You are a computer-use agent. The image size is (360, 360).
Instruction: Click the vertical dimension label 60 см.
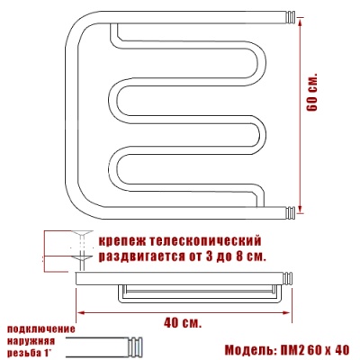(312, 92)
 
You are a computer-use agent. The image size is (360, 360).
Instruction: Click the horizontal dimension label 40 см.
(183, 323)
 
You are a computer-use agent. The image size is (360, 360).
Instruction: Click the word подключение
(41, 329)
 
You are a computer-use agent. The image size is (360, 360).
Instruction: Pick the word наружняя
(31, 341)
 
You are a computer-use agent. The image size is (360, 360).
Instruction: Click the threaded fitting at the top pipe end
(290, 17)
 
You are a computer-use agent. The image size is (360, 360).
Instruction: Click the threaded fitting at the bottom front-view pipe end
(290, 213)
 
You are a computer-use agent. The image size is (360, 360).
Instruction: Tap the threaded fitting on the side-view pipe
(288, 278)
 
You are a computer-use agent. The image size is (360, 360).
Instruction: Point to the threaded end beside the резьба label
(135, 346)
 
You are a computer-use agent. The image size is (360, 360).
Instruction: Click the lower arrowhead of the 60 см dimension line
(301, 210)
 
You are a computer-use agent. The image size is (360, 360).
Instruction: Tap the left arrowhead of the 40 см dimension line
(81, 312)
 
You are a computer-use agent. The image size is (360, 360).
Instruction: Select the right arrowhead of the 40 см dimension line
(286, 313)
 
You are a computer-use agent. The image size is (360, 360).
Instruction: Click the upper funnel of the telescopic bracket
(82, 233)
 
